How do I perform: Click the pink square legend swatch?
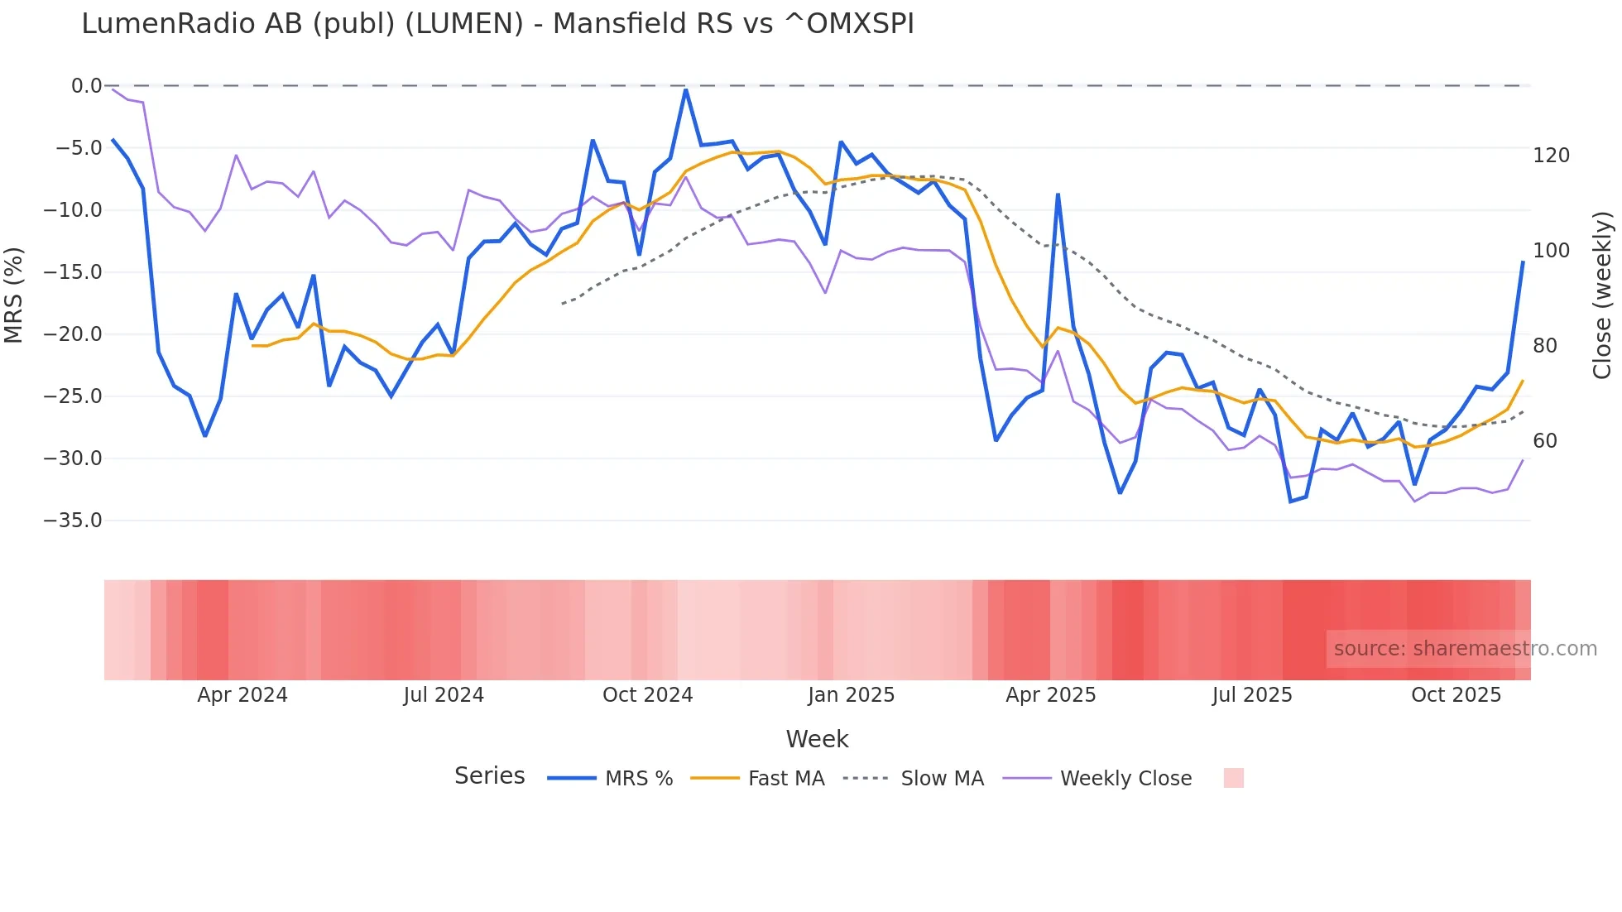coord(1233,778)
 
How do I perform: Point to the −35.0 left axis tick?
coord(73,521)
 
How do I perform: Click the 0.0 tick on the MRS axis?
coord(86,86)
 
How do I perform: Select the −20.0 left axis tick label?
coord(73,334)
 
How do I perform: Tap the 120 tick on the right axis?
coord(1551,156)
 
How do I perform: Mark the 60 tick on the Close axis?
coord(1545,441)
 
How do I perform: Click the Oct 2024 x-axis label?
coord(647,695)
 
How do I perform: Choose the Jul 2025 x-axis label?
coord(1252,695)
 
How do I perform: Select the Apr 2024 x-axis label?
coord(242,695)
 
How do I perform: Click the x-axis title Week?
coord(817,739)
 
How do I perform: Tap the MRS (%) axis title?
coord(14,295)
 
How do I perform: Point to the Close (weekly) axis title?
coord(1603,295)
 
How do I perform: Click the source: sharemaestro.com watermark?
coord(1465,649)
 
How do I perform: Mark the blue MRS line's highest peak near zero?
coord(686,89)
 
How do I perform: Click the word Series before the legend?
coord(489,776)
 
